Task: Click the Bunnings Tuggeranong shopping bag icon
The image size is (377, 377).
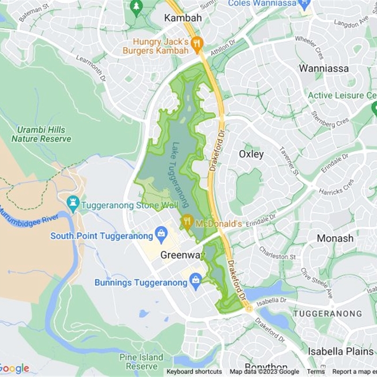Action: (x=195, y=281)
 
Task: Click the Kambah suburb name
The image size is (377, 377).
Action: (x=183, y=18)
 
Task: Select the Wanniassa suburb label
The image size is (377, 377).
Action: (x=324, y=68)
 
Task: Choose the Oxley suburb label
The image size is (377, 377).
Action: (x=251, y=154)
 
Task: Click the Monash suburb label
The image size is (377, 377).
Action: (x=335, y=238)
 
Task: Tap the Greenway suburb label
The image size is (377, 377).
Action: (x=183, y=255)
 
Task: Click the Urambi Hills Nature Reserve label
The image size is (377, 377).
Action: (x=41, y=134)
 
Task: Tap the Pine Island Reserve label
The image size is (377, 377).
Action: (x=141, y=361)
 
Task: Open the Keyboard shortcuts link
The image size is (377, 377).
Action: (x=194, y=372)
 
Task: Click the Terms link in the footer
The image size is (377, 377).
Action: (x=316, y=372)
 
